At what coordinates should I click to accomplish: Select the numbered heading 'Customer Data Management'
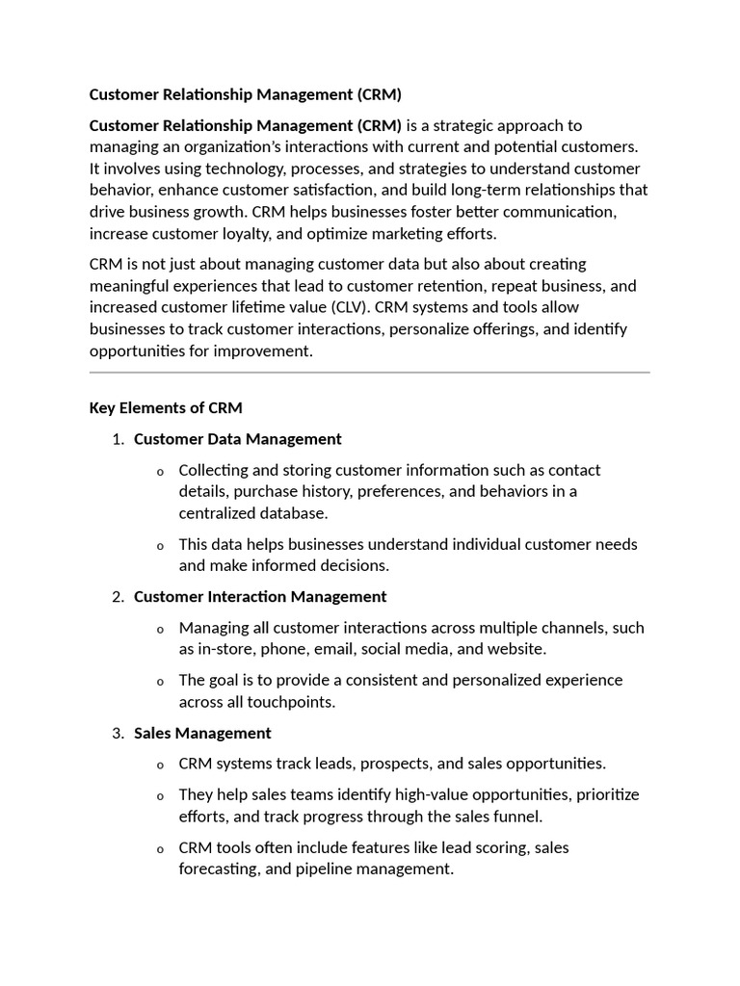[237, 439]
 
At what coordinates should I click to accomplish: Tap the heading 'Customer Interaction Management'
[260, 596]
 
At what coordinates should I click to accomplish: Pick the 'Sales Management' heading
[202, 733]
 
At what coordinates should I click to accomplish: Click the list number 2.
[118, 596]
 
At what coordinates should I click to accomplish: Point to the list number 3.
[118, 733]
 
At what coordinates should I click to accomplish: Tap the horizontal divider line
[369, 372]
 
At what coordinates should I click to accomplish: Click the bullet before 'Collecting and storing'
[160, 472]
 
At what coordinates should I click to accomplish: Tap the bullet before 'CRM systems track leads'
[160, 765]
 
